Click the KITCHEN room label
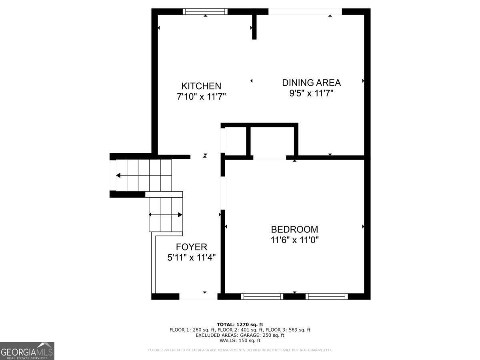click(201, 86)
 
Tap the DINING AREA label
click(311, 83)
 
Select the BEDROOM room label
click(294, 230)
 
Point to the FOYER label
click(191, 247)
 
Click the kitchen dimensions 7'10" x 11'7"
click(201, 96)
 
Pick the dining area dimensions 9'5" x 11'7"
click(311, 93)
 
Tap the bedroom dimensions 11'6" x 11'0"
click(294, 240)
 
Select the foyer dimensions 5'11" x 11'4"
click(191, 258)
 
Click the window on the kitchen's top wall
click(205, 11)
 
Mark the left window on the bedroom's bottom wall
click(262, 296)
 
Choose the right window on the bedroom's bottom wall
click(326, 296)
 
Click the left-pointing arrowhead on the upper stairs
click(118, 175)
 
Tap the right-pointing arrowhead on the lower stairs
click(180, 215)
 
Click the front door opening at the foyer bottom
click(198, 296)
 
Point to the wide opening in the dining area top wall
click(305, 12)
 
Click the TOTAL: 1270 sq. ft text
click(240, 324)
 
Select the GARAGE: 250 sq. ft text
click(262, 335)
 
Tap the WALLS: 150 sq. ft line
click(240, 340)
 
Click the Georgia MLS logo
click(27, 351)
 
